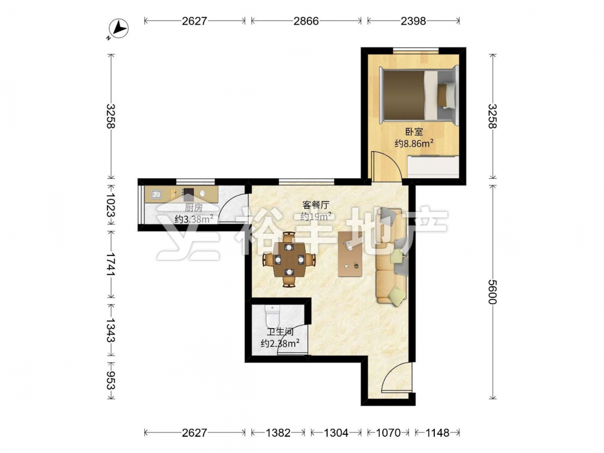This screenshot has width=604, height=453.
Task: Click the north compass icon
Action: tap(118, 29)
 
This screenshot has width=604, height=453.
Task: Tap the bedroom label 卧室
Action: tap(414, 132)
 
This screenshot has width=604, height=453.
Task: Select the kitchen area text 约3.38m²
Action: tap(194, 219)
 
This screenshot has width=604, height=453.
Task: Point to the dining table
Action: tap(289, 260)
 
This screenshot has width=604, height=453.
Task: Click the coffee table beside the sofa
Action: tap(350, 254)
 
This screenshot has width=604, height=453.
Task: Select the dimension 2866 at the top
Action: tap(306, 21)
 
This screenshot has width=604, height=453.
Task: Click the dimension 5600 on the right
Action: tap(493, 292)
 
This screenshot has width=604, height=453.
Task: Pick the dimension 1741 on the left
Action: tap(111, 265)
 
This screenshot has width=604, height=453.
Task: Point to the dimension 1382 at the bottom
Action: tap(278, 433)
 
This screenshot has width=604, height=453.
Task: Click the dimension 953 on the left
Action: tap(111, 381)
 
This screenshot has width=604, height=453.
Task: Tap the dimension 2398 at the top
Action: tap(413, 21)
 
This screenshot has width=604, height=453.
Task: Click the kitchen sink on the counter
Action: tap(156, 194)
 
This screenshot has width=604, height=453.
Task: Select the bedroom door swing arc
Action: tap(387, 164)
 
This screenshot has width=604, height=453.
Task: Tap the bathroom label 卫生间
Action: tap(280, 332)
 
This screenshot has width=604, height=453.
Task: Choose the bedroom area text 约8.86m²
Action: tap(414, 143)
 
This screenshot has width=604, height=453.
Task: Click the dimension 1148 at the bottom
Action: tap(437, 433)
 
